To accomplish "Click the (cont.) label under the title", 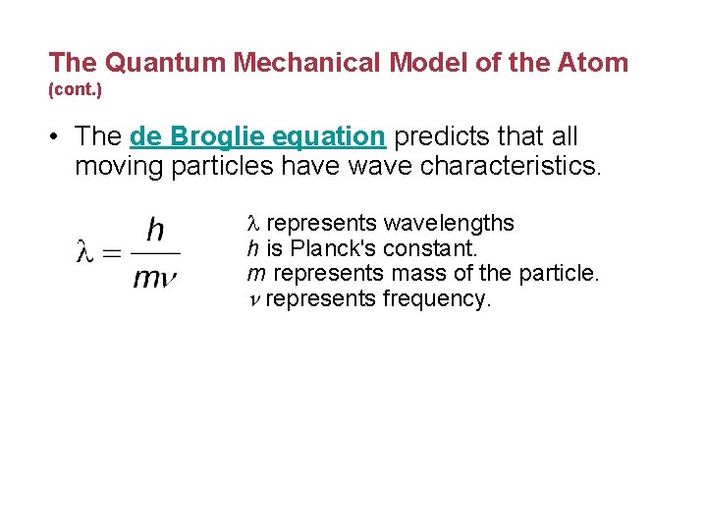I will click(73, 89).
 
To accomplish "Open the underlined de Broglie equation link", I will click(257, 137).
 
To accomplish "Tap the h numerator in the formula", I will click(154, 231).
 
